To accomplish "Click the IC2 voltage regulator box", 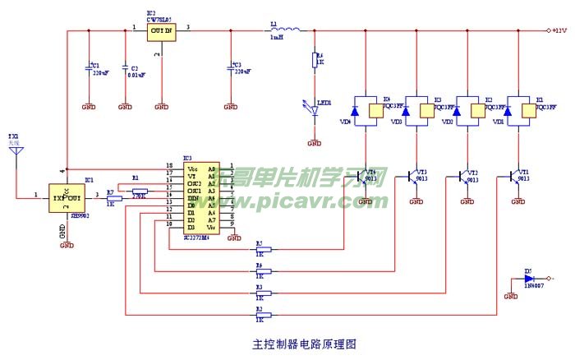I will pos(162,31).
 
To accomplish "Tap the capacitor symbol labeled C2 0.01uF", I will pos(124,69).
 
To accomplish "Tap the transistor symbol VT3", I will pos(414,176).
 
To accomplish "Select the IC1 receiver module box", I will pos(68,198).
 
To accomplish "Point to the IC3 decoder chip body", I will pos(201,198).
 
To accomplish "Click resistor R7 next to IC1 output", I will pos(114,197).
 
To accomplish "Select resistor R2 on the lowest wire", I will pos(261,315).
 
